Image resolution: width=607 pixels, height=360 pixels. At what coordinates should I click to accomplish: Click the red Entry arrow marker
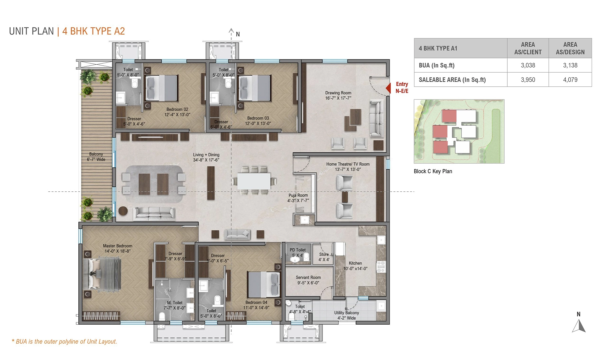[x=388, y=88]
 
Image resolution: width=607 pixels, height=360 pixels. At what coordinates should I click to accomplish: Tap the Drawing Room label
[x=338, y=95]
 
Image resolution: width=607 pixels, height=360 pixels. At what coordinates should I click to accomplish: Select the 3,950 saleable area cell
[x=528, y=80]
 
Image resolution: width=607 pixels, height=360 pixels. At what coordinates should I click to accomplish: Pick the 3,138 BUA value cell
[x=570, y=65]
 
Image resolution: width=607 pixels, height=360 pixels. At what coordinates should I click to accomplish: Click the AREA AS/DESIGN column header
[x=570, y=48]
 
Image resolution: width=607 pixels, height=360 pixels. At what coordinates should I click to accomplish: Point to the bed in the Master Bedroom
[x=102, y=274]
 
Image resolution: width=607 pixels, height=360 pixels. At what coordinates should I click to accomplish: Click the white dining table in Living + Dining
[x=254, y=181]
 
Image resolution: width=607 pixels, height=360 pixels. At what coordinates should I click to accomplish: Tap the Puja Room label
[x=298, y=198]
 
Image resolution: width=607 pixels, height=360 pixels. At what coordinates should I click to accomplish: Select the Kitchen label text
[x=355, y=266]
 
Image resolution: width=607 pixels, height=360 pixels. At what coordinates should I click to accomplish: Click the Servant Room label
[x=308, y=280]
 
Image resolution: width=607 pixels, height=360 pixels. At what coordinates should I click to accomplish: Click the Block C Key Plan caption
[x=433, y=171]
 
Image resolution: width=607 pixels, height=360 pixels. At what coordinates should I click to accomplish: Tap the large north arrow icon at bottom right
[x=579, y=326]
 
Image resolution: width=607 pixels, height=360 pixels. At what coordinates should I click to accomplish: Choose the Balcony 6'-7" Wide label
[x=96, y=157]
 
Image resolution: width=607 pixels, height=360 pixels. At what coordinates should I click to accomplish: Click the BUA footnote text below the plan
[x=64, y=342]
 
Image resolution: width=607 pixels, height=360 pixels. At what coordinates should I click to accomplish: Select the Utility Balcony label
[x=347, y=315]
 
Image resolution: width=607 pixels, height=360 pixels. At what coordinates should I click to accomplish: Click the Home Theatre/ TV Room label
[x=348, y=167]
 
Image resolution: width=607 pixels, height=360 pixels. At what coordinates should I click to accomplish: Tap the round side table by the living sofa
[x=123, y=211]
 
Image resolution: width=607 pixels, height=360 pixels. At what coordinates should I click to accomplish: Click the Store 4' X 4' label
[x=324, y=257]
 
